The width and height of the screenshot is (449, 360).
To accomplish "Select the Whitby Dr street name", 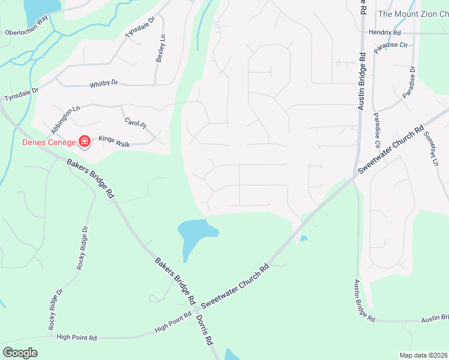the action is point(104,85).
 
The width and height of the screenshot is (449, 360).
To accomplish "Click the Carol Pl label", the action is point(135,122).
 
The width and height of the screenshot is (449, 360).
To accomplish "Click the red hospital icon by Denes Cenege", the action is point(85,142).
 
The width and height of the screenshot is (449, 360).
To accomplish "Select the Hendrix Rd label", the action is point(385,32).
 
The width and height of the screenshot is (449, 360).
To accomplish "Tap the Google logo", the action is point(20,353).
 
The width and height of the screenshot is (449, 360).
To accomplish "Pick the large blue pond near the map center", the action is point(196,233).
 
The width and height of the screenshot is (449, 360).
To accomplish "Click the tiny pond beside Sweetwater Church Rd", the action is point(304,239).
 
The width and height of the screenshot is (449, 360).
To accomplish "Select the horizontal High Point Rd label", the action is point(77,338).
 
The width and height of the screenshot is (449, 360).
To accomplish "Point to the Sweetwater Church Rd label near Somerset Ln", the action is point(391,149).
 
